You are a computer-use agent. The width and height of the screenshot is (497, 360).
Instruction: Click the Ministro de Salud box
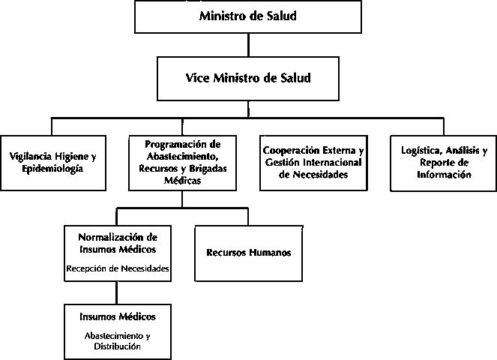click(248, 16)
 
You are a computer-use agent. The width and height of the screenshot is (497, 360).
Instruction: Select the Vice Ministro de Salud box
click(248, 79)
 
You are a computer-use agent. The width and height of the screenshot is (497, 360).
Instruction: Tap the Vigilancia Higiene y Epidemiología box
click(53, 163)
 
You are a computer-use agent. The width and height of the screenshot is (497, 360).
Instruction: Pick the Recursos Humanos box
click(249, 253)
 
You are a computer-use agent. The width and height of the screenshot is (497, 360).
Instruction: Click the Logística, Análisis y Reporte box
click(444, 163)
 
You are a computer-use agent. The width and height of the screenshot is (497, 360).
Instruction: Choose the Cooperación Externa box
click(313, 163)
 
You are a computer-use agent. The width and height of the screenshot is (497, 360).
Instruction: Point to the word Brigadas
click(208, 169)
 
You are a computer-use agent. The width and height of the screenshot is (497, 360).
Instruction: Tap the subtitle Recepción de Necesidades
click(118, 268)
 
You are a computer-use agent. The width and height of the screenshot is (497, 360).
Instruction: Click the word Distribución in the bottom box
click(117, 346)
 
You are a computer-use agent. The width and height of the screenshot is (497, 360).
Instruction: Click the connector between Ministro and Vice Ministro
click(248, 45)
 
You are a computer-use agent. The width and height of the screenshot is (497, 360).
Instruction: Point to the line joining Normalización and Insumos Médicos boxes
click(117, 292)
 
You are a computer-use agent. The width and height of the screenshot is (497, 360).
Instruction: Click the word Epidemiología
click(52, 169)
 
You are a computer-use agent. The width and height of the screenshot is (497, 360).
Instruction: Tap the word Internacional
click(333, 162)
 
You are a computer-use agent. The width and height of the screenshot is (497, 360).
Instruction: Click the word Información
click(444, 175)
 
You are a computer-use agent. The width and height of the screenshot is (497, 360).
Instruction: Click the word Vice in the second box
click(197, 78)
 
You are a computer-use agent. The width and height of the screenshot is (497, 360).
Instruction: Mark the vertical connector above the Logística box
click(444, 127)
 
